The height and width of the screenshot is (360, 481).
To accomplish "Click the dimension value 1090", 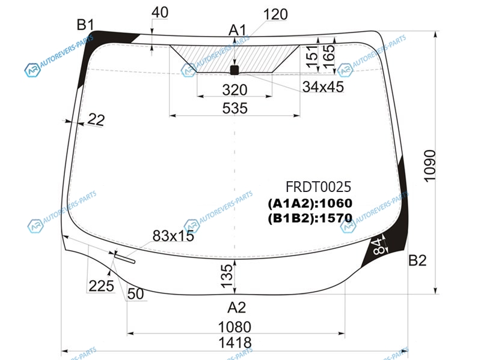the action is (x=430, y=166).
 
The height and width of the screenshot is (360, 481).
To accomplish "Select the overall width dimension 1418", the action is (x=235, y=343).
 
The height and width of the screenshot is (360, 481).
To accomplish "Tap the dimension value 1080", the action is (x=234, y=327).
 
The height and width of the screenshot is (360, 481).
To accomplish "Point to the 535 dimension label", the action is (x=234, y=109).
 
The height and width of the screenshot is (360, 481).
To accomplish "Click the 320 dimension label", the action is (x=234, y=90).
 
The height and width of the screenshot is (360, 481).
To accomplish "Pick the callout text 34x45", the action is (x=323, y=87).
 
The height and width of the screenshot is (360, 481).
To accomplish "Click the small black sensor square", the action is (x=234, y=70).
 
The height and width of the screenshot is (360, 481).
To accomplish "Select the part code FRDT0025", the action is (x=319, y=187).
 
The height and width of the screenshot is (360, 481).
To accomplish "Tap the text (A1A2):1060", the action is (x=310, y=203).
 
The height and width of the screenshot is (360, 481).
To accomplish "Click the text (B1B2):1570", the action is (x=310, y=218).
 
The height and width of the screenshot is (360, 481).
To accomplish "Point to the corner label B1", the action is (x=85, y=25).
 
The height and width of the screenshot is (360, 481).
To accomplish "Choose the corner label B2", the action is (x=417, y=260).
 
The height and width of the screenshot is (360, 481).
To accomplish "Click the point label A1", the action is (x=237, y=31).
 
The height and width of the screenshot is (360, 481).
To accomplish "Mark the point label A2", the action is (x=236, y=307).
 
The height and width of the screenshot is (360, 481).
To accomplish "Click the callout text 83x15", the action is (x=173, y=236).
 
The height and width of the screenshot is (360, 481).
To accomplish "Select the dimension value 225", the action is (x=101, y=286).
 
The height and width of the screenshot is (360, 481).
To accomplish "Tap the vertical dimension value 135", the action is (x=227, y=276).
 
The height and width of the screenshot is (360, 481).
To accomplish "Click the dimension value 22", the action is (x=96, y=119).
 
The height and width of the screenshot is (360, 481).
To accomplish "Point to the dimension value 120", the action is (x=275, y=14).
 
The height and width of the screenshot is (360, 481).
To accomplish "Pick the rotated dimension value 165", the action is (x=328, y=57).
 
